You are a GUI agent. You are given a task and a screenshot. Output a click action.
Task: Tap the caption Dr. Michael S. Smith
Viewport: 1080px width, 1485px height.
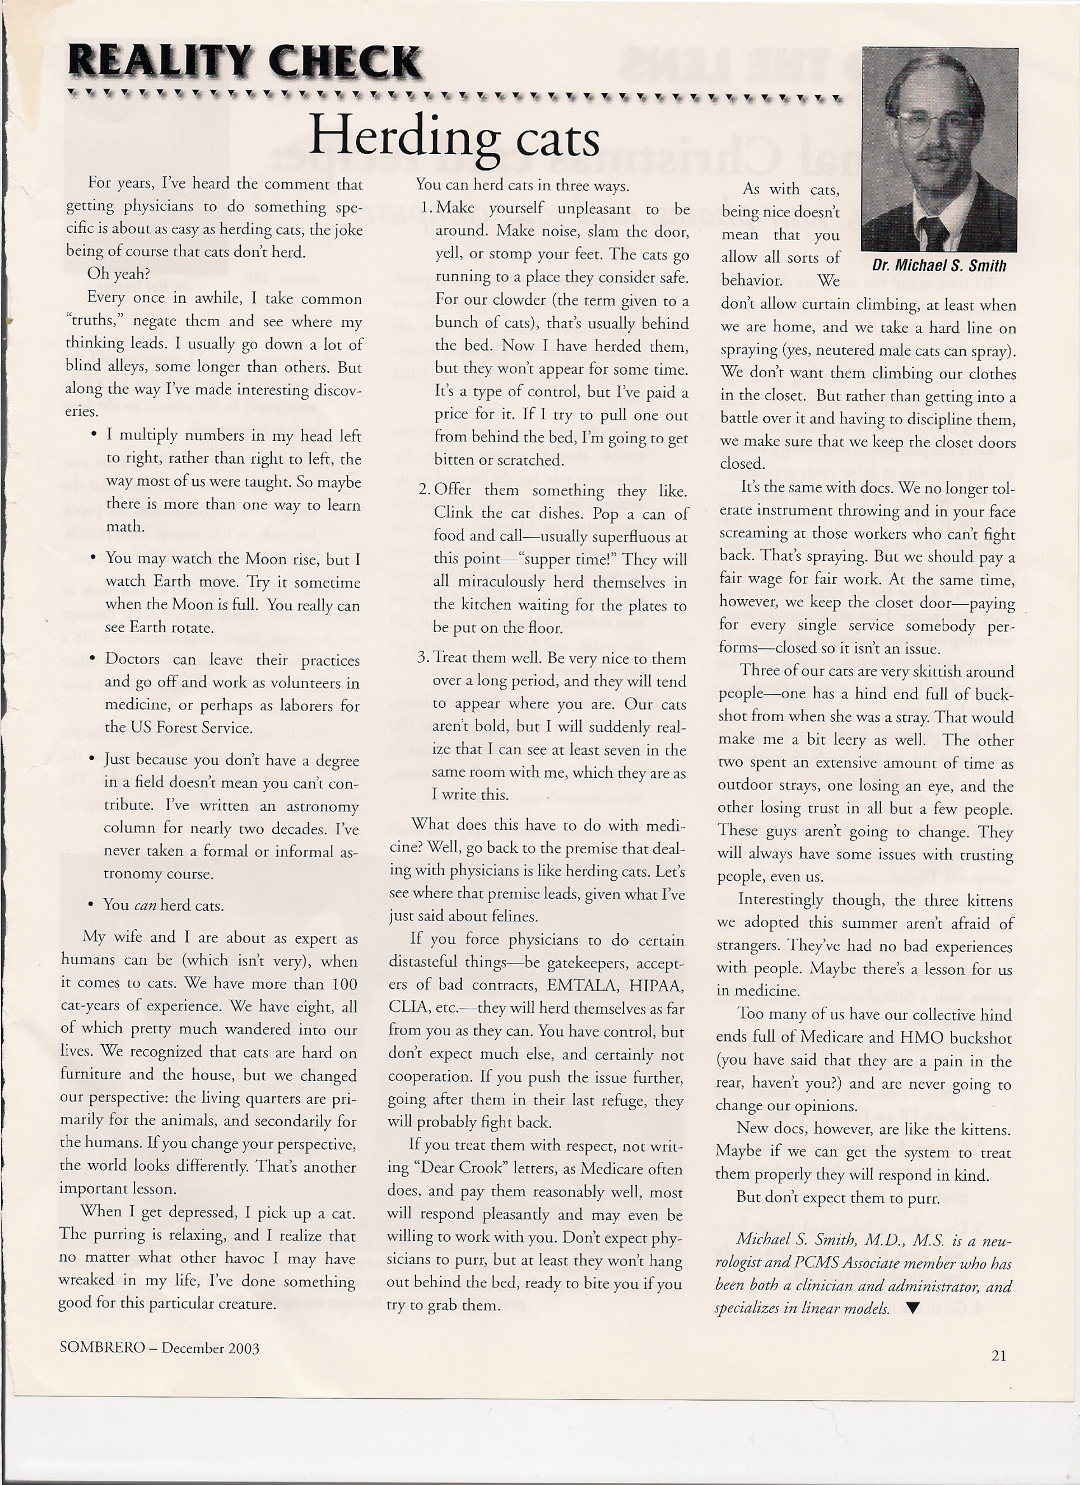pyautogui.click(x=938, y=265)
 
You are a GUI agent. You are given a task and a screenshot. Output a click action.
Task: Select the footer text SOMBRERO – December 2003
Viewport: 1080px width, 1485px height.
pyautogui.click(x=159, y=1348)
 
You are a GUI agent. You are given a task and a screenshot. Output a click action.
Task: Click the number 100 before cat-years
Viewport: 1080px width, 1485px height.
pyautogui.click(x=344, y=984)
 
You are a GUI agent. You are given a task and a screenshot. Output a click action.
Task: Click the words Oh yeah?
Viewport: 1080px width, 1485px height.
pyautogui.click(x=118, y=274)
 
